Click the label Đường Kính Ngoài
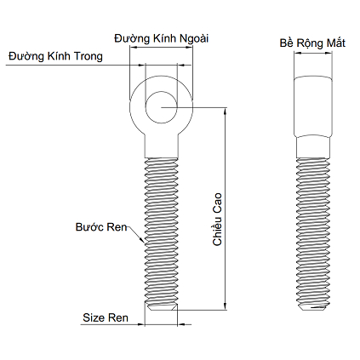pos(162,38)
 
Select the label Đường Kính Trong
pos(55,56)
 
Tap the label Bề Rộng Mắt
pos(312,43)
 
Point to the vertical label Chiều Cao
pos(217,220)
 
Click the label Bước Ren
pos(101,227)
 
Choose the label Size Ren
pos(106,317)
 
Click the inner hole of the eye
pos(162,107)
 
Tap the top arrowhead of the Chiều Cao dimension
pos(226,111)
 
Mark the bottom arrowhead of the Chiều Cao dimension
pos(226,306)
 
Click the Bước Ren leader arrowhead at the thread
pos(142,240)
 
